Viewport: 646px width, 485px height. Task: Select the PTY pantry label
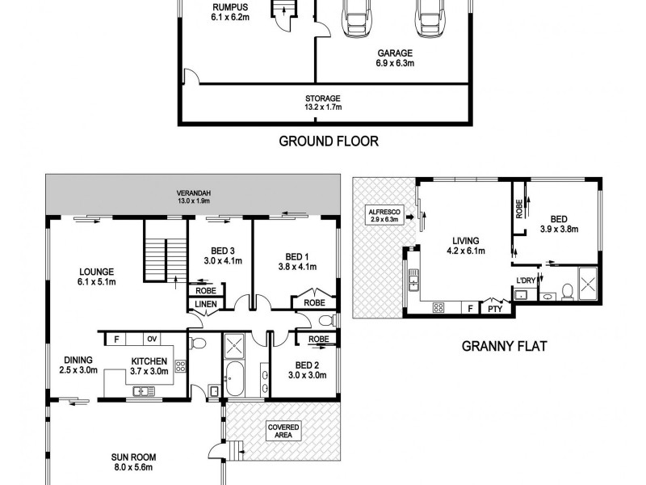(493, 308)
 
